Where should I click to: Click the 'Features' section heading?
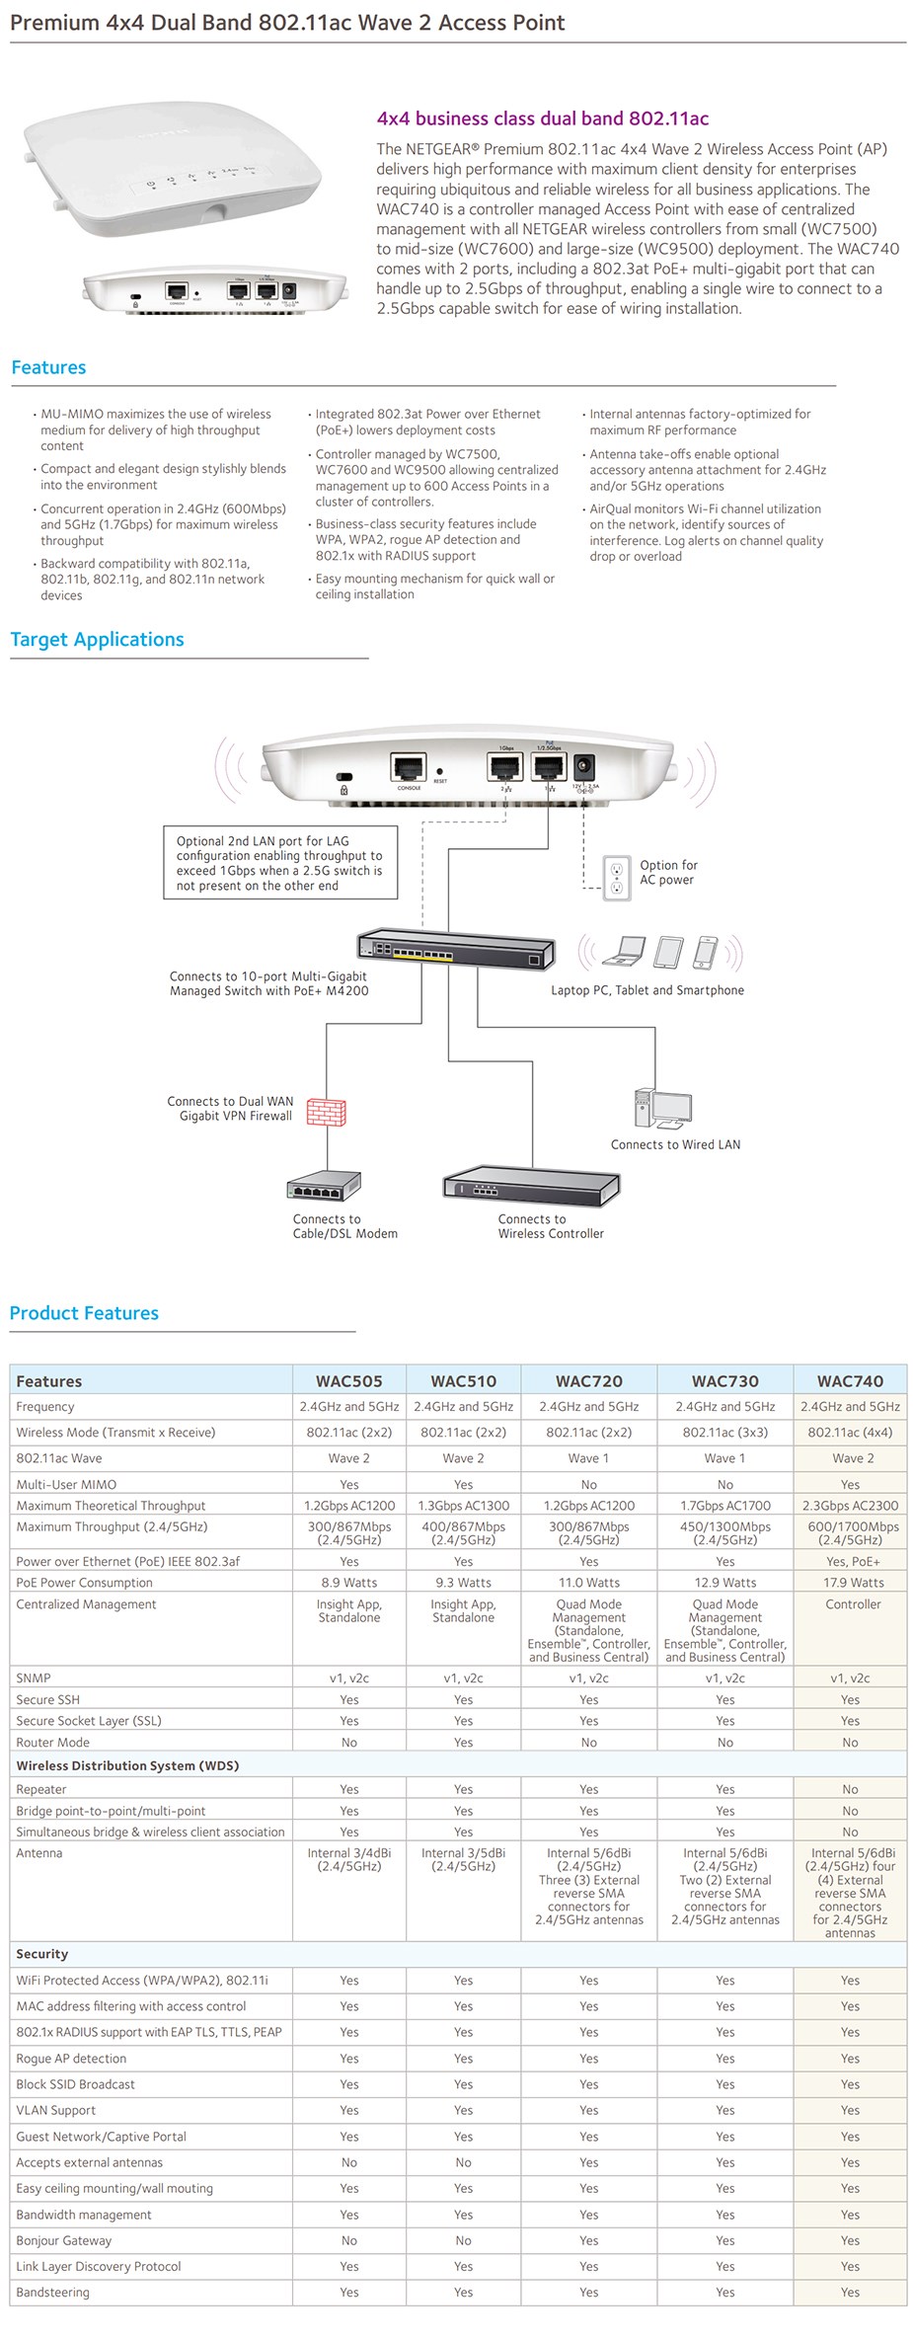click(48, 367)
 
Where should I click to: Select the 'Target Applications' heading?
click(97, 639)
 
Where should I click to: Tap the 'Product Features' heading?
click(84, 1312)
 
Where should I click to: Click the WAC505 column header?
click(348, 1380)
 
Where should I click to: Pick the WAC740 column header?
click(850, 1380)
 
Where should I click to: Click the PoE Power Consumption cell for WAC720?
click(589, 1583)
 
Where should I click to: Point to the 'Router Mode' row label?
click(52, 1743)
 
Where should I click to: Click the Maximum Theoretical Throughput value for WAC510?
click(463, 1506)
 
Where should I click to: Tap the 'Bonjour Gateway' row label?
click(64, 2240)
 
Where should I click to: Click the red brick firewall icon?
click(326, 1113)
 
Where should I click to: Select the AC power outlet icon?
click(617, 878)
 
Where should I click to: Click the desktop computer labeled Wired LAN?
click(662, 1108)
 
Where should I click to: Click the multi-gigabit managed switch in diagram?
click(455, 950)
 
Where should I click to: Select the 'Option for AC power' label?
click(667, 872)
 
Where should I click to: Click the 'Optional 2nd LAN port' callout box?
click(280, 863)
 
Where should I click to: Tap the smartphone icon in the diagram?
click(705, 952)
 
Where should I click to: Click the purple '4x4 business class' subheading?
click(542, 118)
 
